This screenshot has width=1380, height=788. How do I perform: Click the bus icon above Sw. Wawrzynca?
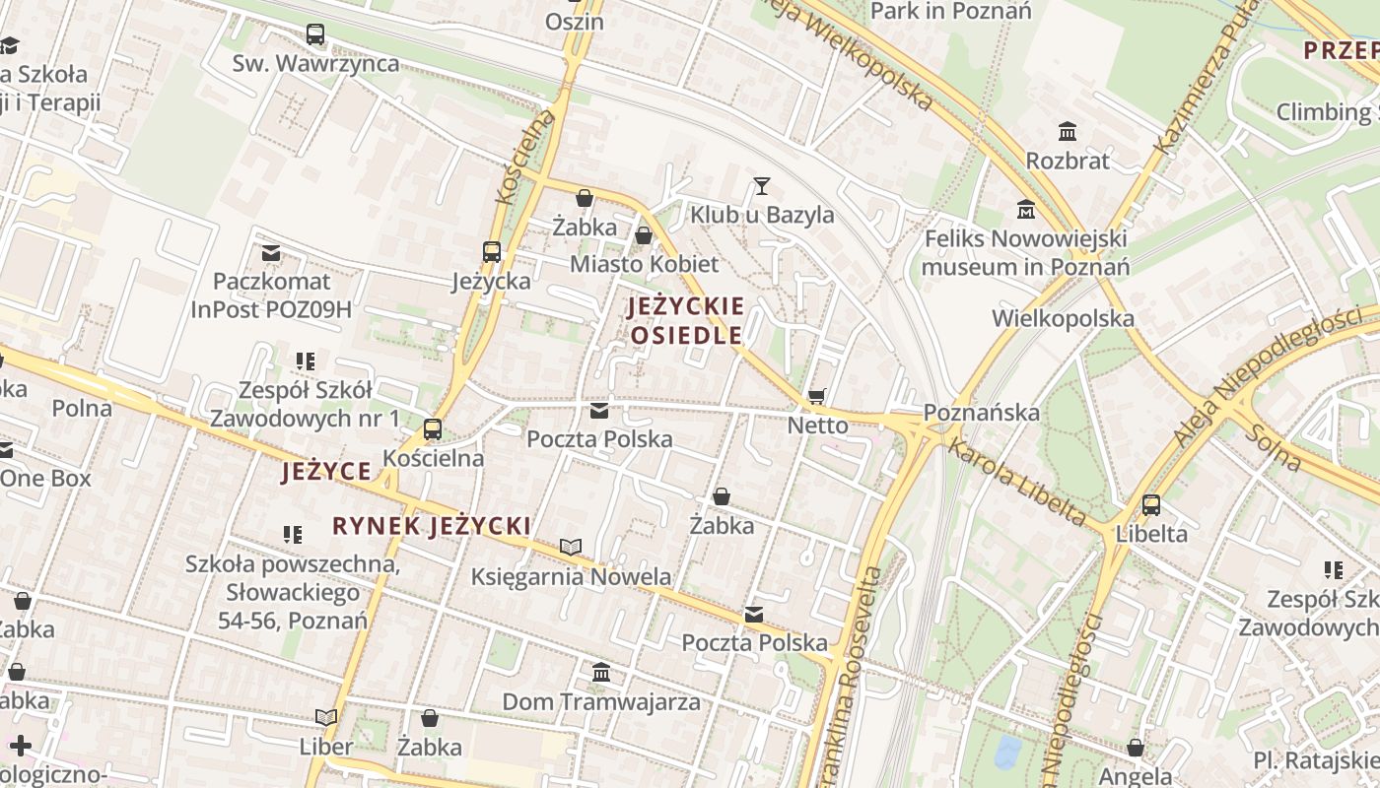315,34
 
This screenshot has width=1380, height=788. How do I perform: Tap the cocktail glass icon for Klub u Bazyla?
761,185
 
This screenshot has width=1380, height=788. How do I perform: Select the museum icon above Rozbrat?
1067,131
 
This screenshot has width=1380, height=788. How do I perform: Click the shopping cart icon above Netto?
816,396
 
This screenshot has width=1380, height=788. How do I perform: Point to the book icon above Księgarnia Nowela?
571,547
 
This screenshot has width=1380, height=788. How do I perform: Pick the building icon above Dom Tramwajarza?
601,673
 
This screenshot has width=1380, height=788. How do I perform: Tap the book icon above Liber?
326,718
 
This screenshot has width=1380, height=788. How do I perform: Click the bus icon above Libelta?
1150,506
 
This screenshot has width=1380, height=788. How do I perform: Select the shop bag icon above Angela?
1136,749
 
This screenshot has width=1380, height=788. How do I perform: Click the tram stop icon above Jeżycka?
491,252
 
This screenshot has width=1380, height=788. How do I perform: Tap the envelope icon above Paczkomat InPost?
271,254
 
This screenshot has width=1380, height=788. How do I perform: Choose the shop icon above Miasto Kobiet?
644,236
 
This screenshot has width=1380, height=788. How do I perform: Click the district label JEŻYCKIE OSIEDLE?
686,320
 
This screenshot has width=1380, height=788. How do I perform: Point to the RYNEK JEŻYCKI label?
432,526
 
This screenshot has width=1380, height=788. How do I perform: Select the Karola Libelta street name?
1017,482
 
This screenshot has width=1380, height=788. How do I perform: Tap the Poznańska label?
982,412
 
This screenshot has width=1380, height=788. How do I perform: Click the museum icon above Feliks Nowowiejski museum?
1026,210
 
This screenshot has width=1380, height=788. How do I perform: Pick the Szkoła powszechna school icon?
292,535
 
